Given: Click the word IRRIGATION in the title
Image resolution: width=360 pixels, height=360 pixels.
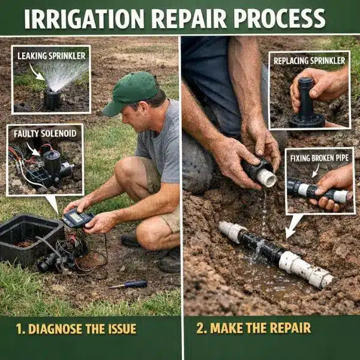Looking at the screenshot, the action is [84, 19].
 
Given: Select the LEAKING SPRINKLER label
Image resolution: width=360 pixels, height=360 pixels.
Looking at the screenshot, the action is [52, 56].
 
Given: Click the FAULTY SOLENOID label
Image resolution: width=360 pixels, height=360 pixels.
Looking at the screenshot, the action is [45, 134].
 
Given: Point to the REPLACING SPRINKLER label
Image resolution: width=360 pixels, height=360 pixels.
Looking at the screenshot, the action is [309, 61].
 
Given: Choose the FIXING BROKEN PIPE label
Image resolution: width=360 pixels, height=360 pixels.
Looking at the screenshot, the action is [319, 158].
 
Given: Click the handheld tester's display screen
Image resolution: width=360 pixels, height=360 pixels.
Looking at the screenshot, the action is [76, 217].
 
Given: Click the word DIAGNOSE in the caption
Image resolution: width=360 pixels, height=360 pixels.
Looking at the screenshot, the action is [55, 329].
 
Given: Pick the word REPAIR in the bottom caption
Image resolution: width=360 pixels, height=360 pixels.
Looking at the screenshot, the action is [290, 328].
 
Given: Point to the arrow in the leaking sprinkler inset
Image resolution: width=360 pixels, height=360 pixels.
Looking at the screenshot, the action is [36, 72].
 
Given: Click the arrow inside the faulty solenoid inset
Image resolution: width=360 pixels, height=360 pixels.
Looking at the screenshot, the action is [33, 149].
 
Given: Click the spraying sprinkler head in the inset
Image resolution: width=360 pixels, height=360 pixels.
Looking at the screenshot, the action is [52, 99].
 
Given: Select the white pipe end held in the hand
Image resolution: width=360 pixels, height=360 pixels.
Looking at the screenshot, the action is [267, 178].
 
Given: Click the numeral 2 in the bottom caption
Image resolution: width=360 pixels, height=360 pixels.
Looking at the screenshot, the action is [200, 328].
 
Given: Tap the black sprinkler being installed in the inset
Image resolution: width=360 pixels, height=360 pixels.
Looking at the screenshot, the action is [307, 103].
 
